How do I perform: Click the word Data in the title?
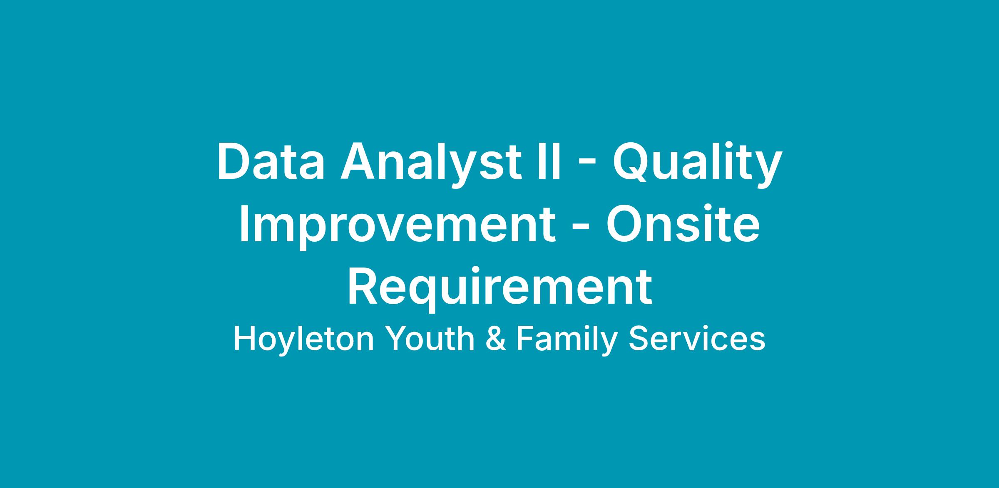coord(271,161)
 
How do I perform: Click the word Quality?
coord(697,164)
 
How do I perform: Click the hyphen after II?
coord(587,166)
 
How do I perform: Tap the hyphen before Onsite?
coord(581,228)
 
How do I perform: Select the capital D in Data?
coord(234,161)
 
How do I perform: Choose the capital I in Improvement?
coord(245,223)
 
